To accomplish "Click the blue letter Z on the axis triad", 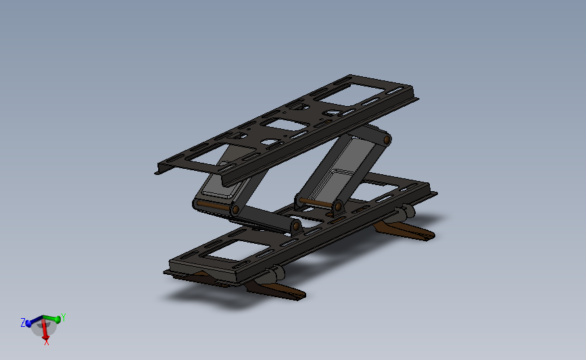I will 23,322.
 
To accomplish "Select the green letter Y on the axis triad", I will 63,317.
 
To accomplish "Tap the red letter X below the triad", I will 46,342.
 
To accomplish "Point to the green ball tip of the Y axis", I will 57,319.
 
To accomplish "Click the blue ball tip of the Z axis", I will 29,324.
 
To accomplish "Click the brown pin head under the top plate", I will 387,138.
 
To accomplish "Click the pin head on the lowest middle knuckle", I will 295,225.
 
